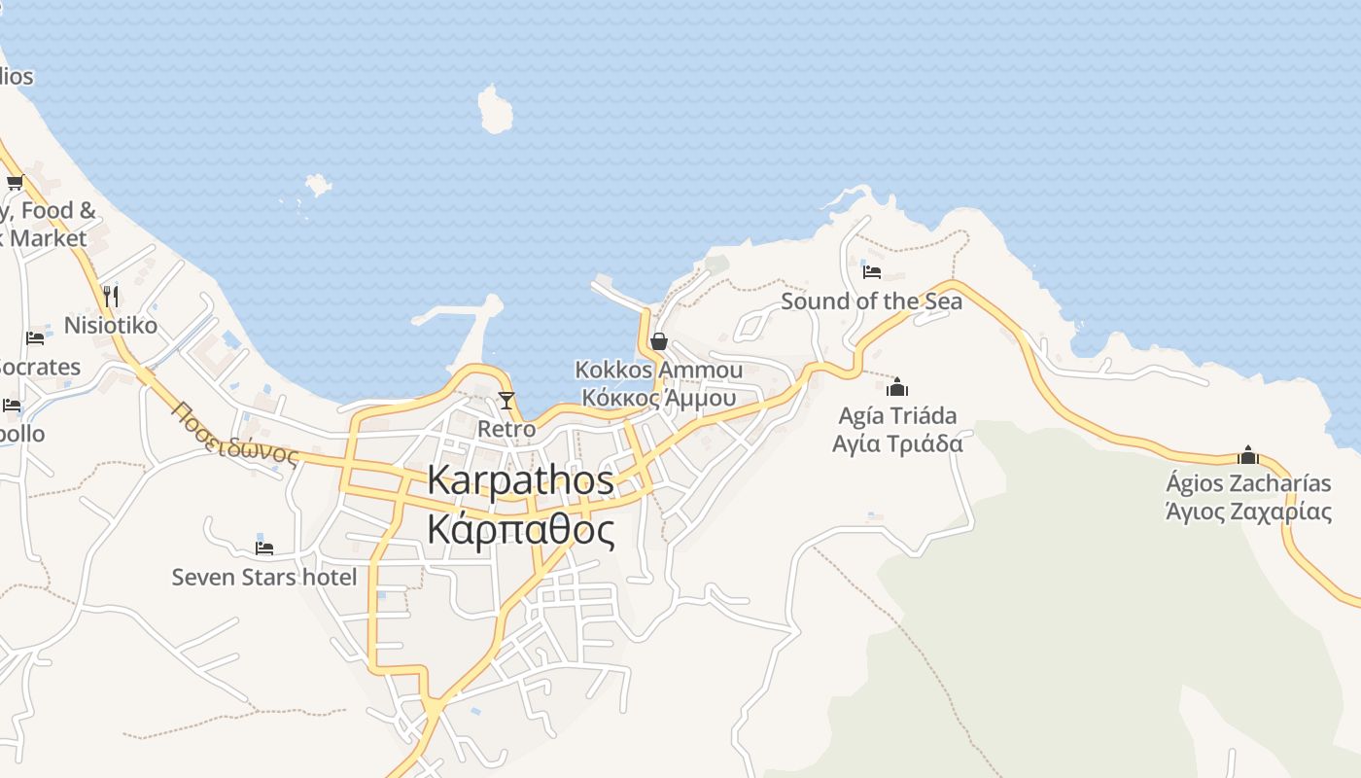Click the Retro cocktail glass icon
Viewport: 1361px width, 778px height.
506,400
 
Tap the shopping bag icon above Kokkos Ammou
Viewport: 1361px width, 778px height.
658,341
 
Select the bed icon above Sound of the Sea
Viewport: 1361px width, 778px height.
871,272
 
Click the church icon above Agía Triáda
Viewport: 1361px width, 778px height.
897,387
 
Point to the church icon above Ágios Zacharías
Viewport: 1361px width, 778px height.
1248,454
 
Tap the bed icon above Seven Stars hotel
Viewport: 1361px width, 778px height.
263,548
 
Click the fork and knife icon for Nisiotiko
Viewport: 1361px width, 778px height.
111,296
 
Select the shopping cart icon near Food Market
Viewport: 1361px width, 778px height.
15,182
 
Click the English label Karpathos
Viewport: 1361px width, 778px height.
520,480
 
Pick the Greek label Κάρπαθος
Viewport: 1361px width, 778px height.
520,530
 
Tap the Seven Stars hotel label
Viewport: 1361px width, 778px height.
264,577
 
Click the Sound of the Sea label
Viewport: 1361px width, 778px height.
871,301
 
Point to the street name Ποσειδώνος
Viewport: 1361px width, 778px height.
233,434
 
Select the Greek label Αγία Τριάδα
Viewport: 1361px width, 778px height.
897,443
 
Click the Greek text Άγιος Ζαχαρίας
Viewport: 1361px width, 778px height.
1248,511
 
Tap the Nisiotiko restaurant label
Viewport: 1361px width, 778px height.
111,325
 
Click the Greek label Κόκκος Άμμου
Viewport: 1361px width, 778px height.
658,397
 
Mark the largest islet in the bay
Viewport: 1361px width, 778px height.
495,110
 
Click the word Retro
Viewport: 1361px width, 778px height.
506,429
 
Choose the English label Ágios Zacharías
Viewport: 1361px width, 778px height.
1248,483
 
